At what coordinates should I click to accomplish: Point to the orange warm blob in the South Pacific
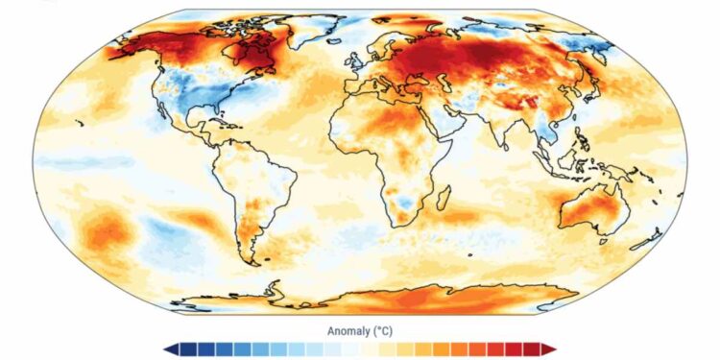point(106,231)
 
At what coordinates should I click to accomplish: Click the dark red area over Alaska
point(144,43)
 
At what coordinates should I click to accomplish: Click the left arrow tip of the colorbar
point(168,349)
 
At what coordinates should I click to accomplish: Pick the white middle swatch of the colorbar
point(360,349)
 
